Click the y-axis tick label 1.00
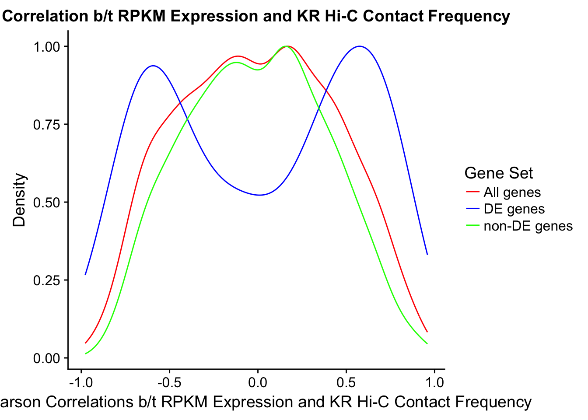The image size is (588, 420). pos(48,46)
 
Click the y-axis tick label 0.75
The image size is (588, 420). pos(48,124)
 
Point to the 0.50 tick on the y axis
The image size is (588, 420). pos(48,202)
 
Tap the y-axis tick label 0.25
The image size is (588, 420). pos(48,280)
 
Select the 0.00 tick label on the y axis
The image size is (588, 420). pos(48,358)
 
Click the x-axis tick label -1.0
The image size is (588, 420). pos(81,382)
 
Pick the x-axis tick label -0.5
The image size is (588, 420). pos(169,382)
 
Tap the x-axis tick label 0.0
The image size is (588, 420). pos(258,382)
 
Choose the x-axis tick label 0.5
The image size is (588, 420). pos(346,382)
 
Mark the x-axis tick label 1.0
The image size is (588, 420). pos(434,382)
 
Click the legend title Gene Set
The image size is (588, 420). pos(498,173)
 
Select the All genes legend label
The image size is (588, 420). pos(512,192)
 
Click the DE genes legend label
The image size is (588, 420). pos(514,209)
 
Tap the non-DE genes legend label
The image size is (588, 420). pos(528,226)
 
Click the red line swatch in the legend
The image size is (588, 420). pos(472,192)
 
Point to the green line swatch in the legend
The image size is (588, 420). pos(472,226)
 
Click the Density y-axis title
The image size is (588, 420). pos(20,200)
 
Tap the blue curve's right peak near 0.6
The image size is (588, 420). pos(360,46)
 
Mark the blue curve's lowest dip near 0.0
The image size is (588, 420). pos(260,195)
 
